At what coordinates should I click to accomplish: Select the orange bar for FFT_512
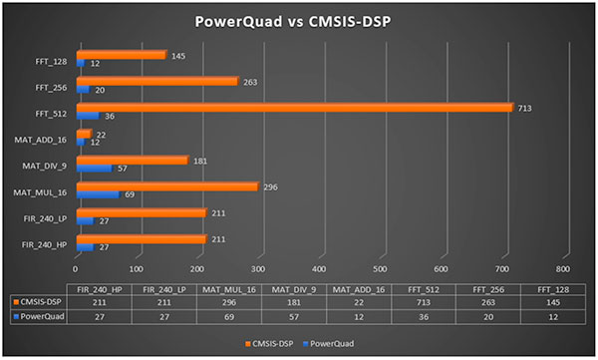(294, 107)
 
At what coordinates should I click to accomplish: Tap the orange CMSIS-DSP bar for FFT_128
(121, 55)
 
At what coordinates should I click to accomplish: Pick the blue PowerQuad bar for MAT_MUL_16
(97, 194)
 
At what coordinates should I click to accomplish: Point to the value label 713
(522, 107)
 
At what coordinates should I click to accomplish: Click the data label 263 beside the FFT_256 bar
(248, 81)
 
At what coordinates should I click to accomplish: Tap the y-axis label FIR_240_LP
(47, 217)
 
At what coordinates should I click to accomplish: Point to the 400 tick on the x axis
(320, 268)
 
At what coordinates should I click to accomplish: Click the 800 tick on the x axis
(563, 268)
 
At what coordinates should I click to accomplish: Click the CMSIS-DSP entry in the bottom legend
(266, 340)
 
